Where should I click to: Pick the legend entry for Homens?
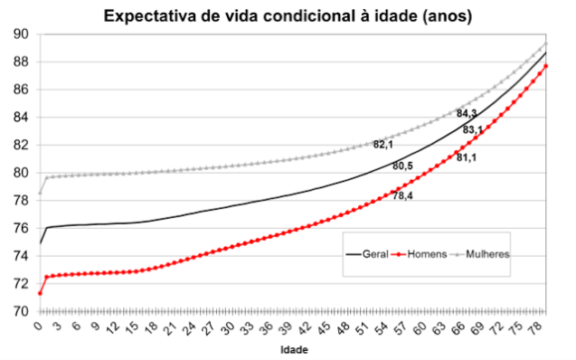click(x=424, y=254)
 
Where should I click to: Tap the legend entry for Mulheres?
click(x=487, y=254)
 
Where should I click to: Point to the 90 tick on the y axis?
click(x=20, y=34)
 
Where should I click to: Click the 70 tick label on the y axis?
click(x=20, y=311)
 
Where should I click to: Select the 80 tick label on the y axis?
click(x=20, y=173)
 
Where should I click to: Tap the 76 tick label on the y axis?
click(x=20, y=228)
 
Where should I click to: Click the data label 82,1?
click(x=384, y=144)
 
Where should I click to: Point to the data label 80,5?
click(x=402, y=166)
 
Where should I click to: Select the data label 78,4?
click(x=403, y=195)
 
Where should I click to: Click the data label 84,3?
click(x=467, y=114)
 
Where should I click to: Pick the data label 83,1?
click(x=473, y=130)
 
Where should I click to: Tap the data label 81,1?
click(x=467, y=158)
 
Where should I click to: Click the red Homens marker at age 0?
click(x=40, y=293)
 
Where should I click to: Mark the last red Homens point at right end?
click(x=545, y=66)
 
